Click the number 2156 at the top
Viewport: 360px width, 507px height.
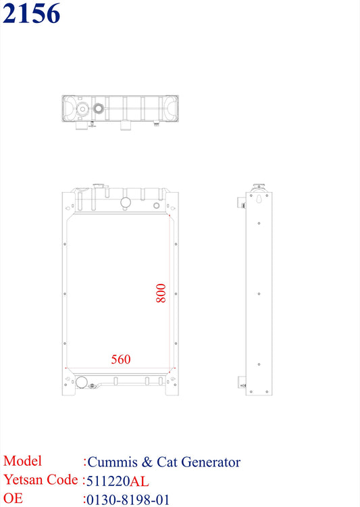(x=31, y=14)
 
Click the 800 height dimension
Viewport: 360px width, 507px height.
(x=161, y=292)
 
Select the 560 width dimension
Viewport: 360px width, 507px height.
(x=121, y=360)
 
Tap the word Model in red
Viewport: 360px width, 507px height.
(x=22, y=462)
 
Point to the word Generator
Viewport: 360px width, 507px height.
(x=209, y=462)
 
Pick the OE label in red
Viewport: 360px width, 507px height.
(x=14, y=499)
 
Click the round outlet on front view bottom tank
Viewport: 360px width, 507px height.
(x=82, y=383)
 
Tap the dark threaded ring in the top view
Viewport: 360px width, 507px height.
(x=99, y=108)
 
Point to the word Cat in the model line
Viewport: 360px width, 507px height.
(x=167, y=462)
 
